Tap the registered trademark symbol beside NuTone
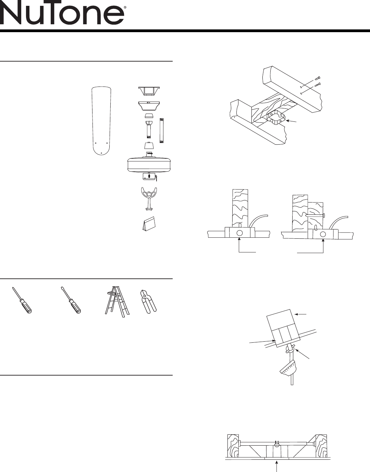pyautogui.click(x=125, y=8)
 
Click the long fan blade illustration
pyautogui.click(x=101, y=121)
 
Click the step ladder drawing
pyautogui.click(x=117, y=302)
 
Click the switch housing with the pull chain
pyautogui.click(x=150, y=176)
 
